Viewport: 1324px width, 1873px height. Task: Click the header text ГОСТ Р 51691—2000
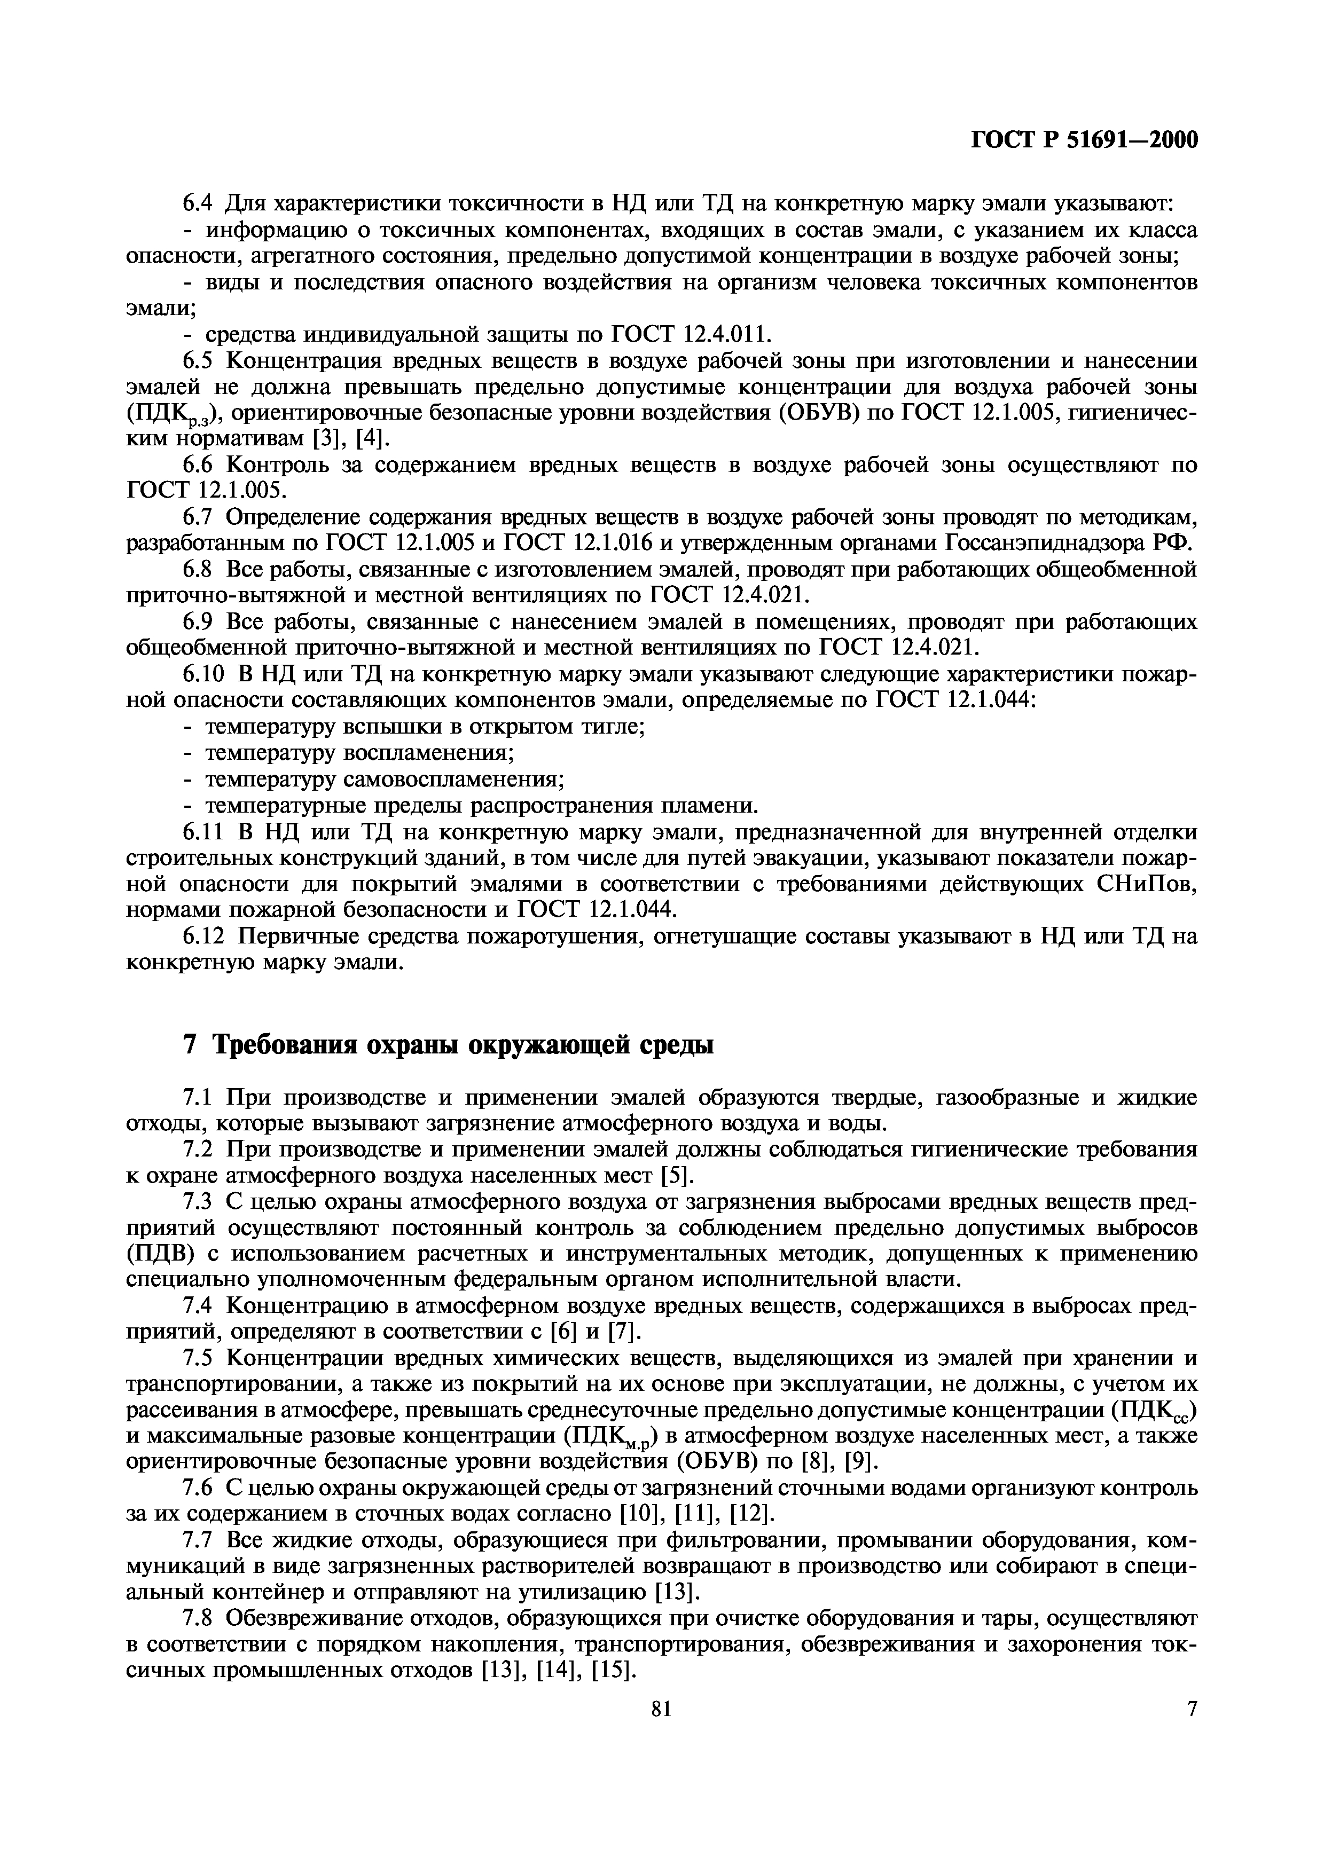pos(1084,141)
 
